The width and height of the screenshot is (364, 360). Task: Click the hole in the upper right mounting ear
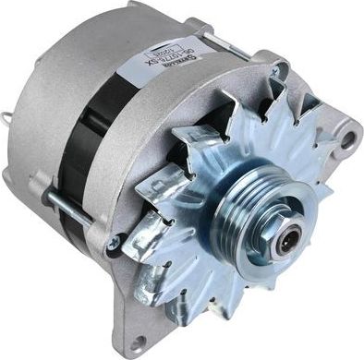(348, 139)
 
